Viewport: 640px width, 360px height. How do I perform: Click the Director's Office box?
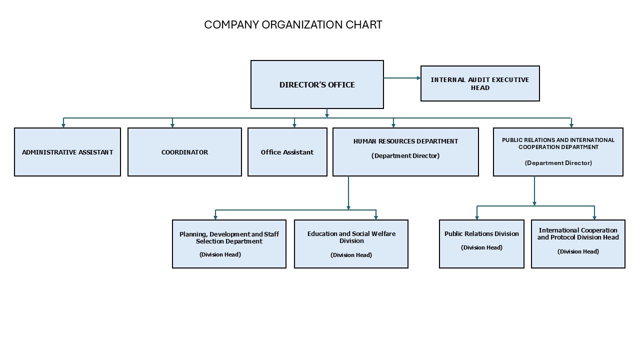click(317, 84)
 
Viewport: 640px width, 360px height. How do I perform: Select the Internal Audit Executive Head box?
click(480, 83)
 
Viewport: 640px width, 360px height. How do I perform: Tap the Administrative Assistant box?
click(67, 152)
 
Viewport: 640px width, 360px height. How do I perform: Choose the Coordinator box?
click(184, 152)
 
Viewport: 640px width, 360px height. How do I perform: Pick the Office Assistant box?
click(287, 152)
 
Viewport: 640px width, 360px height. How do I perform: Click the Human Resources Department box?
click(405, 152)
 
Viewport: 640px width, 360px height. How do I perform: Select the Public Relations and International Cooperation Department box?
click(558, 152)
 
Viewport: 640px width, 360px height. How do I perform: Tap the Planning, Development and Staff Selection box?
click(229, 244)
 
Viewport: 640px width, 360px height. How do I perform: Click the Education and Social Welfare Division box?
click(351, 244)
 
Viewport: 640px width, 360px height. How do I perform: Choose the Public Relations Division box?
click(481, 244)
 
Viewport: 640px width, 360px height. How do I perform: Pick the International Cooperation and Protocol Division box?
click(578, 244)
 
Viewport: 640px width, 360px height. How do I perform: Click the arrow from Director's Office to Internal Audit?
click(402, 78)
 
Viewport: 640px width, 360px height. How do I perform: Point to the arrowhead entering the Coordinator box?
click(172, 125)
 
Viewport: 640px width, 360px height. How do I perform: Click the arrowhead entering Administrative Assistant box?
click(63, 125)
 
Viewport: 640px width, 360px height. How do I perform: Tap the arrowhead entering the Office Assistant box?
click(294, 125)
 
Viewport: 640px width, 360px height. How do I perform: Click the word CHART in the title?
click(363, 25)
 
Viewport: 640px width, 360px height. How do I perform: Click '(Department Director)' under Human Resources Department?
click(405, 156)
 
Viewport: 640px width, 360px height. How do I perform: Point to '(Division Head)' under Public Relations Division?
click(481, 247)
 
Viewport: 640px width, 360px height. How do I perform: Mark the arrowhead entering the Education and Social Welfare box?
click(376, 217)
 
